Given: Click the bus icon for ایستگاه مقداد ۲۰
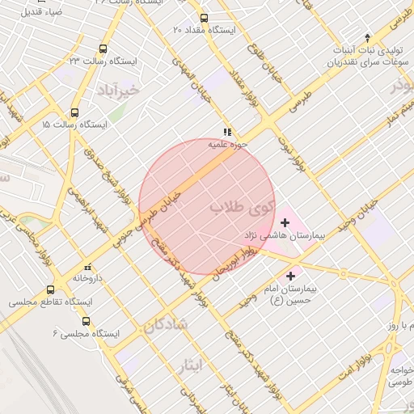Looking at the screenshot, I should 203,17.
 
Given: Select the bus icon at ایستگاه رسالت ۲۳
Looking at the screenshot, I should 103,49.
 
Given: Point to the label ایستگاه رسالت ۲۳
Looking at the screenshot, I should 103,61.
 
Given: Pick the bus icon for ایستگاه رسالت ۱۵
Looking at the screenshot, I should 74,113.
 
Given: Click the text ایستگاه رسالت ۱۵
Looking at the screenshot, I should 74,125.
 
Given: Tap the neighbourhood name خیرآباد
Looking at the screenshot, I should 118,90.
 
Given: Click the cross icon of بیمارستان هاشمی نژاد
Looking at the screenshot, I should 284,222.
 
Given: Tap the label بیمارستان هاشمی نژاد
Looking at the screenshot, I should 284,235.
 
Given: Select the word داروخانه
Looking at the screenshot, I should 87,277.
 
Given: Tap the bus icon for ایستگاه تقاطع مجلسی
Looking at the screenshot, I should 51,289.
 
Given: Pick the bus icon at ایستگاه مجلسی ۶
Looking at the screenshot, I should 86,320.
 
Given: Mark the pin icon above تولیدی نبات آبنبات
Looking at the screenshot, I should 368,37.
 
